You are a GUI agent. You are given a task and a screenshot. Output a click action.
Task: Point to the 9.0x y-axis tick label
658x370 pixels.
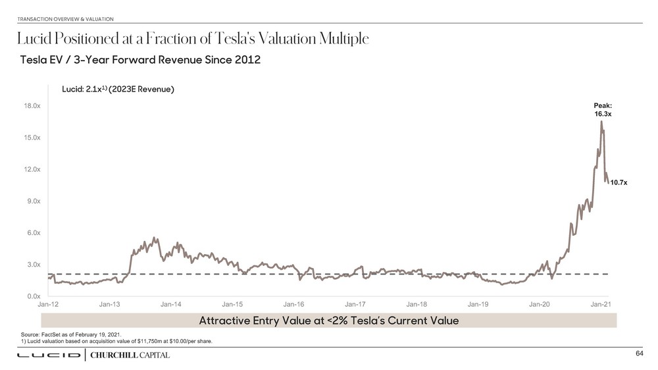[32, 201]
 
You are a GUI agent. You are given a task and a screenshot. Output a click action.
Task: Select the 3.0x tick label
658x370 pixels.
[32, 265]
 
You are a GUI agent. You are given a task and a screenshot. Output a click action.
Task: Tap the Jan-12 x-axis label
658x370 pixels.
[48, 304]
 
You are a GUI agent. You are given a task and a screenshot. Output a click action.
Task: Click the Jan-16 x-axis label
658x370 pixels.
[293, 304]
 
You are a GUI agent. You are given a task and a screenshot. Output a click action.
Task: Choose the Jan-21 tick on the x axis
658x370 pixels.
[601, 304]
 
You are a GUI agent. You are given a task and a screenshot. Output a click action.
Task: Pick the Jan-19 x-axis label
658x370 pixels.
[478, 304]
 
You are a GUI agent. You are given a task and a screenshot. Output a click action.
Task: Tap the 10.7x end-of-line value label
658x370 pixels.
[619, 182]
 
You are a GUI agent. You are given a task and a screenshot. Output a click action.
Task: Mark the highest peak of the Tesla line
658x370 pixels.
[601, 122]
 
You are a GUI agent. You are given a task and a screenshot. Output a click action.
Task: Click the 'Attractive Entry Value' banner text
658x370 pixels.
[328, 321]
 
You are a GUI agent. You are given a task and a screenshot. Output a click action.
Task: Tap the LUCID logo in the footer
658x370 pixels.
[48, 356]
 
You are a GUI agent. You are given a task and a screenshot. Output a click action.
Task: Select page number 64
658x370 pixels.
[639, 354]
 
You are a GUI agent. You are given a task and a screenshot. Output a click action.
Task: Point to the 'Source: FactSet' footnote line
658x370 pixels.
[71, 334]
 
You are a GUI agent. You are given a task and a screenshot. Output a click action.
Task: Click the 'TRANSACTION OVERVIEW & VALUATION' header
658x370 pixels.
[66, 18]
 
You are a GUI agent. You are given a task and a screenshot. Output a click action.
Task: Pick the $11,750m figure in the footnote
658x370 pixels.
[146, 341]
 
